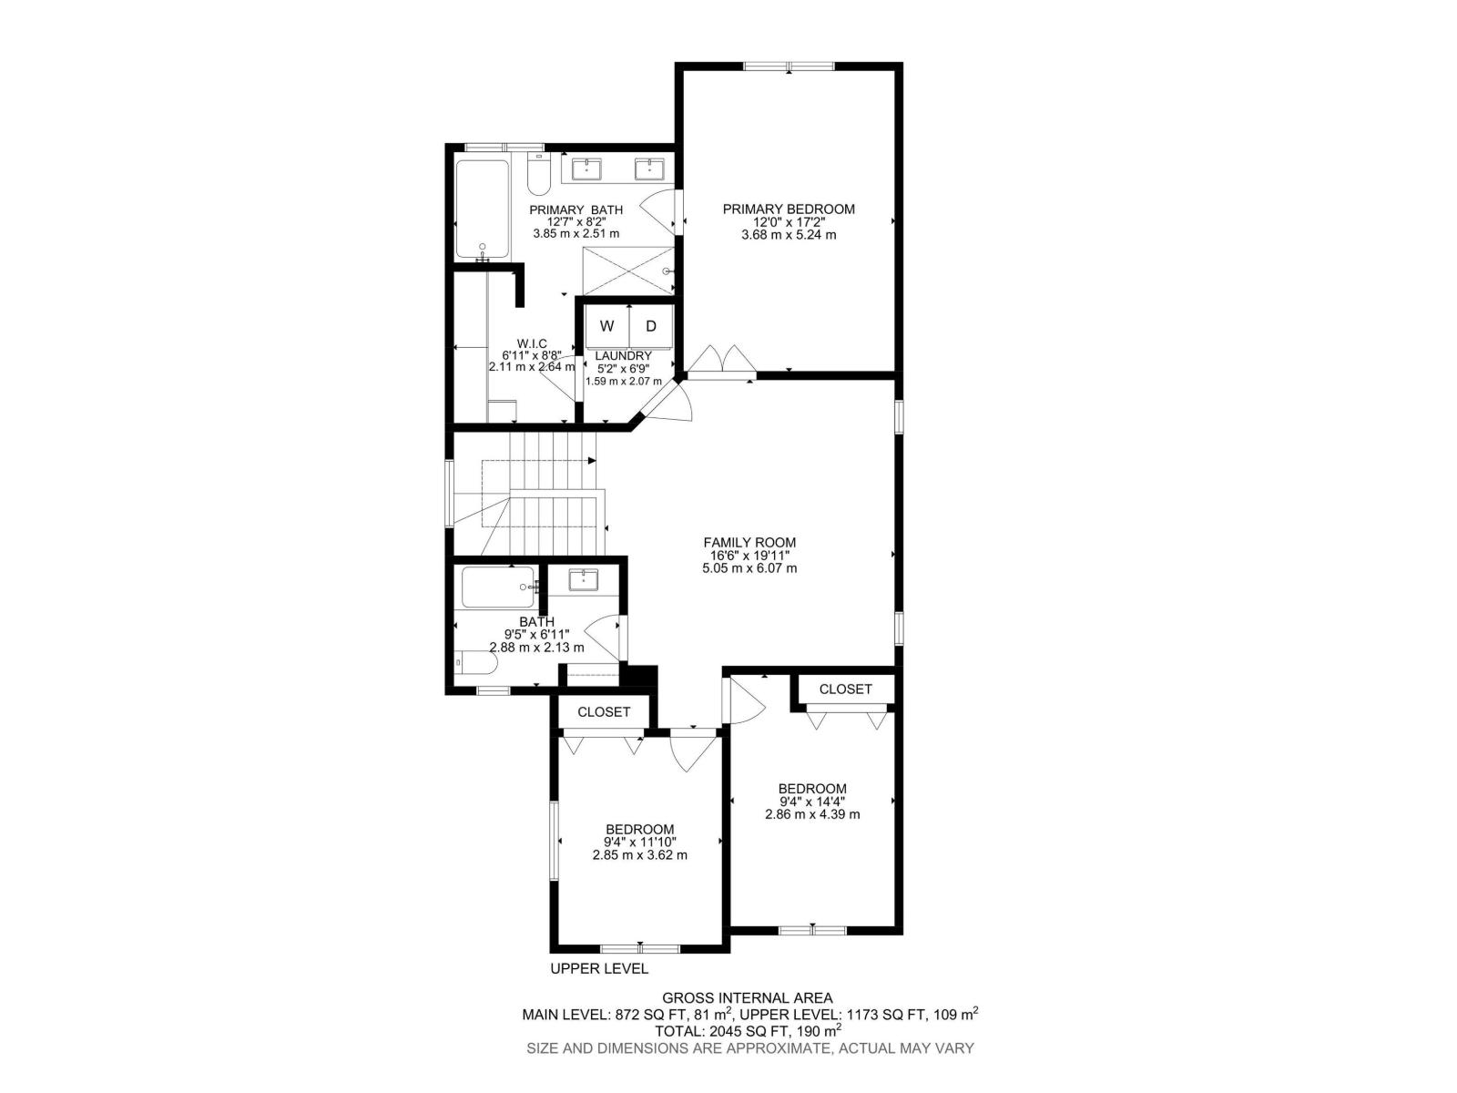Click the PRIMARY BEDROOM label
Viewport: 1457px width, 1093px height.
(x=789, y=209)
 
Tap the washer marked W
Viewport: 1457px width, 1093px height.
(x=606, y=326)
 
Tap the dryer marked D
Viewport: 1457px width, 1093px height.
(x=651, y=326)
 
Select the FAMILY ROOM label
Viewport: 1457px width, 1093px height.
(x=749, y=543)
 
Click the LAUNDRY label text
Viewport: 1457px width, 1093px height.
(x=623, y=356)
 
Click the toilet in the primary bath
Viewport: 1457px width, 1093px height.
(x=539, y=177)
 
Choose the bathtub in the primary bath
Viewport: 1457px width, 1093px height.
(x=482, y=209)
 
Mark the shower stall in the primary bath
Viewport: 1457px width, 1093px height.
(x=628, y=271)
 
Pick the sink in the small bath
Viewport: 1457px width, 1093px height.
(x=582, y=579)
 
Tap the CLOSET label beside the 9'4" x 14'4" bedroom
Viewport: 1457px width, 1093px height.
(x=845, y=690)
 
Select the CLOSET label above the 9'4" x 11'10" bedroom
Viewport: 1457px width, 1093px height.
(x=604, y=712)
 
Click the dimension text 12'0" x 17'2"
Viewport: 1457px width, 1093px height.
(x=789, y=222)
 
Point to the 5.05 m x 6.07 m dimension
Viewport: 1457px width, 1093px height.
(x=749, y=568)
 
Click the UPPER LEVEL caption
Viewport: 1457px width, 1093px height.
(x=599, y=969)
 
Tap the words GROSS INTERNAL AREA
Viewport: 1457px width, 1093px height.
(x=747, y=998)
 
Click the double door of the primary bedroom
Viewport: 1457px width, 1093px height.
(x=722, y=363)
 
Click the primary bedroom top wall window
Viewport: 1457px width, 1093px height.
(x=789, y=66)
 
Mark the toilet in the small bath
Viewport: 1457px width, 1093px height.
(x=475, y=663)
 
